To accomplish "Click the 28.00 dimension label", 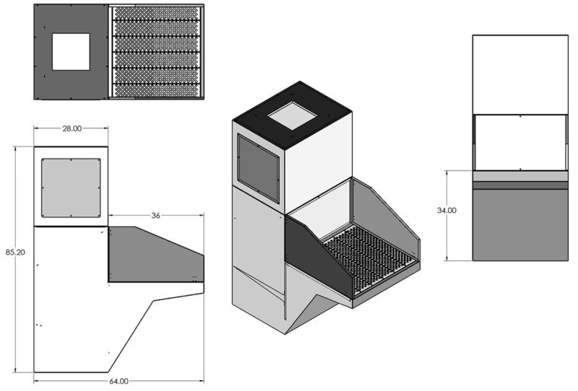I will [72, 128].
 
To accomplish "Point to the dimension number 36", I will [155, 215].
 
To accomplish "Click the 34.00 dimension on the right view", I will [446, 211].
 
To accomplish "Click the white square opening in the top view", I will [71, 51].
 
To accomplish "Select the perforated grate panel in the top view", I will [157, 51].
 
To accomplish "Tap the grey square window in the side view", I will [71, 188].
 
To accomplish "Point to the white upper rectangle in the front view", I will [519, 72].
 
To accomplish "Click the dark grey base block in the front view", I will [519, 224].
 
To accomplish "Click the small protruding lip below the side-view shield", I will [197, 287].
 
